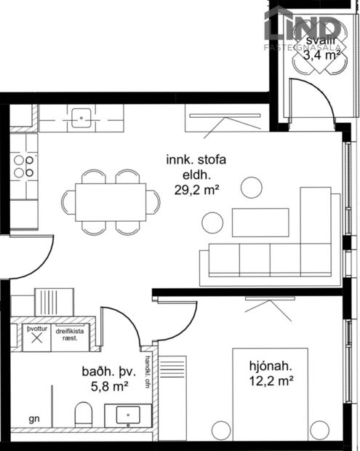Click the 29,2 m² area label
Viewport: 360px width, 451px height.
(197, 191)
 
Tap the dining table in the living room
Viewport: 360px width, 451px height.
(111, 201)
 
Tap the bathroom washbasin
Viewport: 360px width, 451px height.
(128, 417)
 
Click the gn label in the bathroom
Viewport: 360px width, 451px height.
(33, 420)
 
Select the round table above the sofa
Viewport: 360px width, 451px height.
(252, 188)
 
